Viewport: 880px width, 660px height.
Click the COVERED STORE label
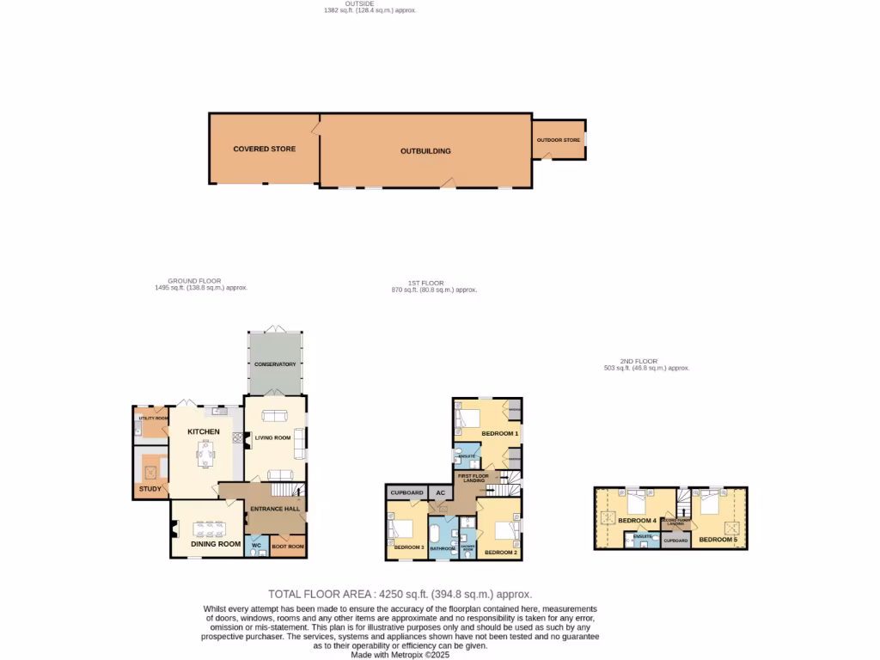264,149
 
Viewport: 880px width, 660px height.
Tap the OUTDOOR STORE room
559,140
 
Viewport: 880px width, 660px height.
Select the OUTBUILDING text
425,151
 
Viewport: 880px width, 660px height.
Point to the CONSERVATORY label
274,364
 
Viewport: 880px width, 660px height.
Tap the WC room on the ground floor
256,546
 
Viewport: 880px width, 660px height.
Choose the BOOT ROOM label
287,547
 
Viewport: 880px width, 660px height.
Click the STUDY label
150,490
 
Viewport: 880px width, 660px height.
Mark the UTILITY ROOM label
152,418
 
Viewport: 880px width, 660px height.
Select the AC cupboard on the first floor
440,492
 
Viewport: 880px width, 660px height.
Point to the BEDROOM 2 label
501,553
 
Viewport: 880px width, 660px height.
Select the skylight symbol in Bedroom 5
732,526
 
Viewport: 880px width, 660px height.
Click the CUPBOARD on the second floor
676,541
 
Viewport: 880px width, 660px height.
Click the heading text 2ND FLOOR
639,361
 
